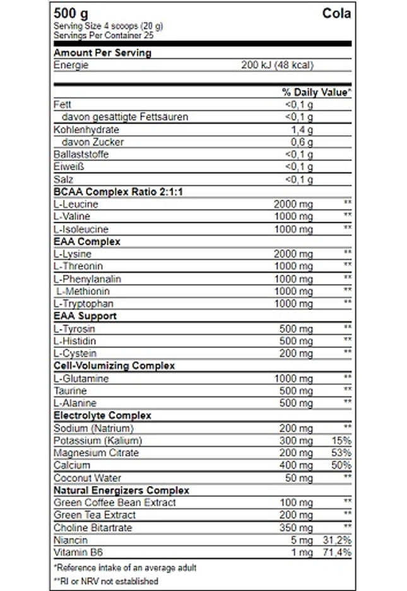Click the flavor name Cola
tap(336, 14)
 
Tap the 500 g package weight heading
tap(71, 14)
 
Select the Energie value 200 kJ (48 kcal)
tap(277, 65)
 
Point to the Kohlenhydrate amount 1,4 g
tap(302, 129)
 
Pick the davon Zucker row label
tap(93, 142)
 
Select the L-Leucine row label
tap(76, 204)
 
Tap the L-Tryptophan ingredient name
tap(83, 304)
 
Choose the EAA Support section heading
tap(85, 316)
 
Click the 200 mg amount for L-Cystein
tap(296, 354)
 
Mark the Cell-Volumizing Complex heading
tap(114, 366)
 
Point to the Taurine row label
tap(71, 391)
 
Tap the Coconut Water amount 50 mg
tap(298, 478)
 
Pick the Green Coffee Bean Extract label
tap(115, 503)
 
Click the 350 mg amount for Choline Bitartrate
tap(296, 528)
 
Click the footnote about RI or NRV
tap(106, 581)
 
